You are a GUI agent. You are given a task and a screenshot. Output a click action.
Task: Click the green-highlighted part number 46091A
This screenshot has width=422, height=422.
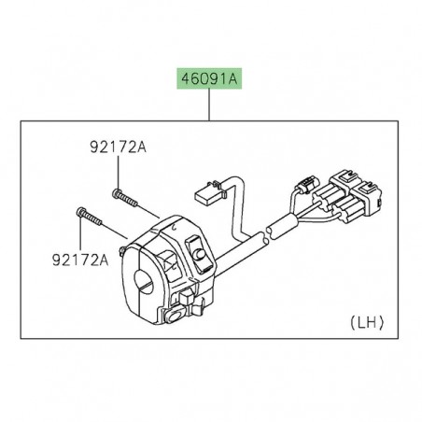(204, 82)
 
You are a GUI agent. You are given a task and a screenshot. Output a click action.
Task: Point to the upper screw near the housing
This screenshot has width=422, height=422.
(122, 196)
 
